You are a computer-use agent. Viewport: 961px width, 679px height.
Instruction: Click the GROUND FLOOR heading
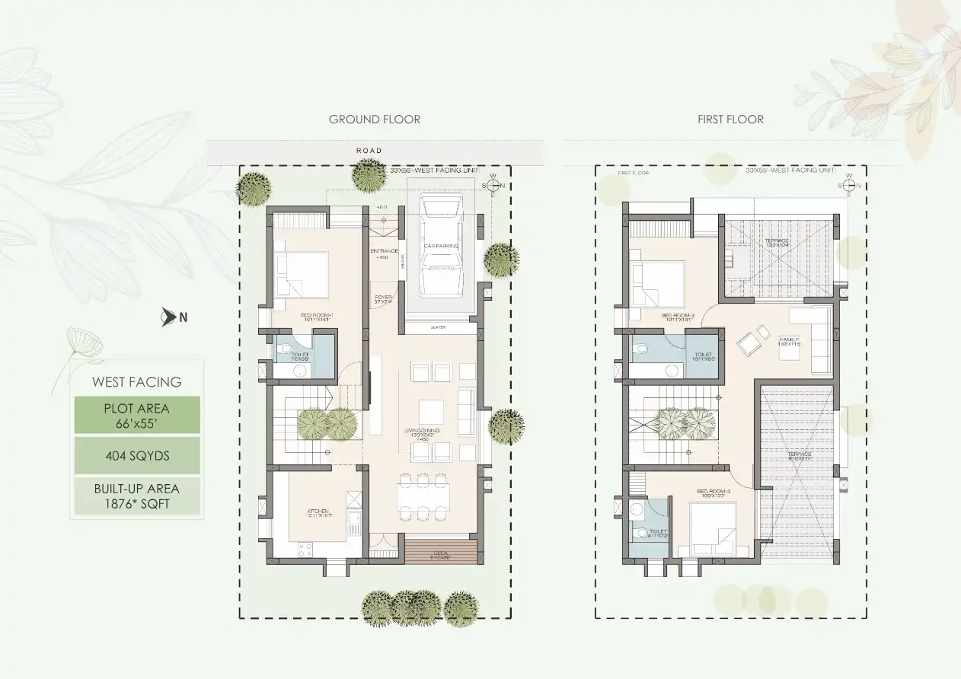click(x=374, y=120)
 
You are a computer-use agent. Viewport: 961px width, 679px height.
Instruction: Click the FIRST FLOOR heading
click(x=730, y=120)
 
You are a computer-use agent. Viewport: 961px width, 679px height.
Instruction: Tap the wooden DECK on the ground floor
click(x=441, y=552)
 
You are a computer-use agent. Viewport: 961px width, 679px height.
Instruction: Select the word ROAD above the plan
click(x=369, y=151)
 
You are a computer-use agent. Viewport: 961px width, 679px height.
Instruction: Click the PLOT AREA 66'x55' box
click(x=137, y=415)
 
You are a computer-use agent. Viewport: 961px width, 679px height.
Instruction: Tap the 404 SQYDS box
click(x=137, y=455)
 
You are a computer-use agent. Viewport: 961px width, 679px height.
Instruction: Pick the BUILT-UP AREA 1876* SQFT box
click(x=137, y=496)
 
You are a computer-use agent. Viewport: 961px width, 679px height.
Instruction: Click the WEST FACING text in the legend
click(x=137, y=382)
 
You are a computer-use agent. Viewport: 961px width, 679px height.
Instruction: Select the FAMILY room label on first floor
click(x=789, y=341)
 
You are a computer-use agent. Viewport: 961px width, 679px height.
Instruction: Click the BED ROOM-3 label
click(x=714, y=492)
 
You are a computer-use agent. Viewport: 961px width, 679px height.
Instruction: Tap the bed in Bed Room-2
click(x=659, y=283)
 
